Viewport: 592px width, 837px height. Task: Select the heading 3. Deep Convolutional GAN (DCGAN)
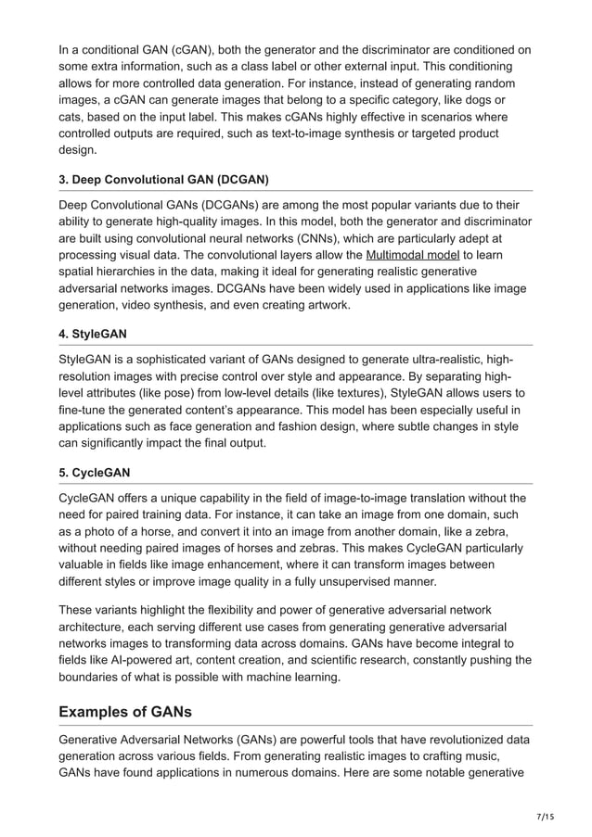pos(162,178)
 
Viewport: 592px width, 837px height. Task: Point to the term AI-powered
pos(145,661)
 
